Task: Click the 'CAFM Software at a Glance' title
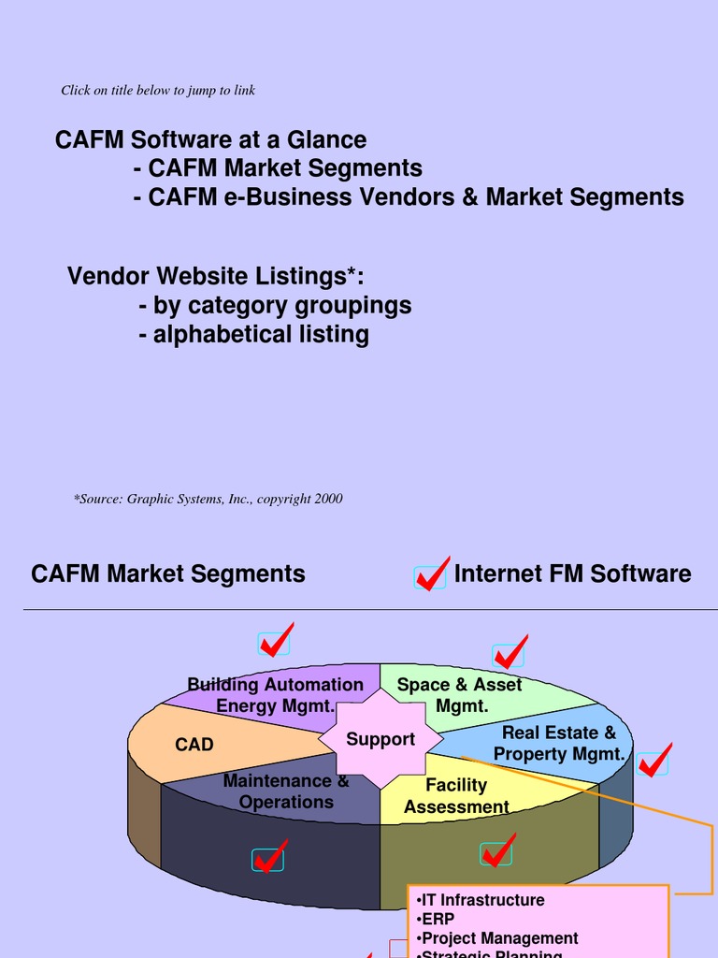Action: click(x=210, y=140)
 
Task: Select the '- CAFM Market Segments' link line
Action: click(x=279, y=168)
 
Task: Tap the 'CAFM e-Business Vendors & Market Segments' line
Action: click(x=409, y=197)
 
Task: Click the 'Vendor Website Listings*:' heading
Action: click(x=216, y=277)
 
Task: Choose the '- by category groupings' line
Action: click(x=275, y=306)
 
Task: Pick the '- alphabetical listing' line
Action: click(x=254, y=335)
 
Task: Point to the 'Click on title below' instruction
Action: click(x=158, y=91)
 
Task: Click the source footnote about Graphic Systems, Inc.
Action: click(x=208, y=500)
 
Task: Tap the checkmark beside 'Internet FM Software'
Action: click(x=432, y=574)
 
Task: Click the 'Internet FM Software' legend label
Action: click(x=572, y=573)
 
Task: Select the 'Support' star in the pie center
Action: click(x=380, y=739)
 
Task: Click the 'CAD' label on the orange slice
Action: click(x=194, y=745)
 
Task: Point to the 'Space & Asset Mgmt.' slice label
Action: click(x=460, y=695)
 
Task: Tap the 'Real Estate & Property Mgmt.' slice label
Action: click(x=559, y=743)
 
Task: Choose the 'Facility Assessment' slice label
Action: click(x=456, y=795)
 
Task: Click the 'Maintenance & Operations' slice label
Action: click(x=286, y=791)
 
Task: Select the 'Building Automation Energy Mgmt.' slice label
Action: click(x=275, y=695)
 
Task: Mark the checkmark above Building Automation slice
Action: click(x=275, y=641)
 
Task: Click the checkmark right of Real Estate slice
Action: click(x=653, y=761)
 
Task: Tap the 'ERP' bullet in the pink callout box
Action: click(x=436, y=920)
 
